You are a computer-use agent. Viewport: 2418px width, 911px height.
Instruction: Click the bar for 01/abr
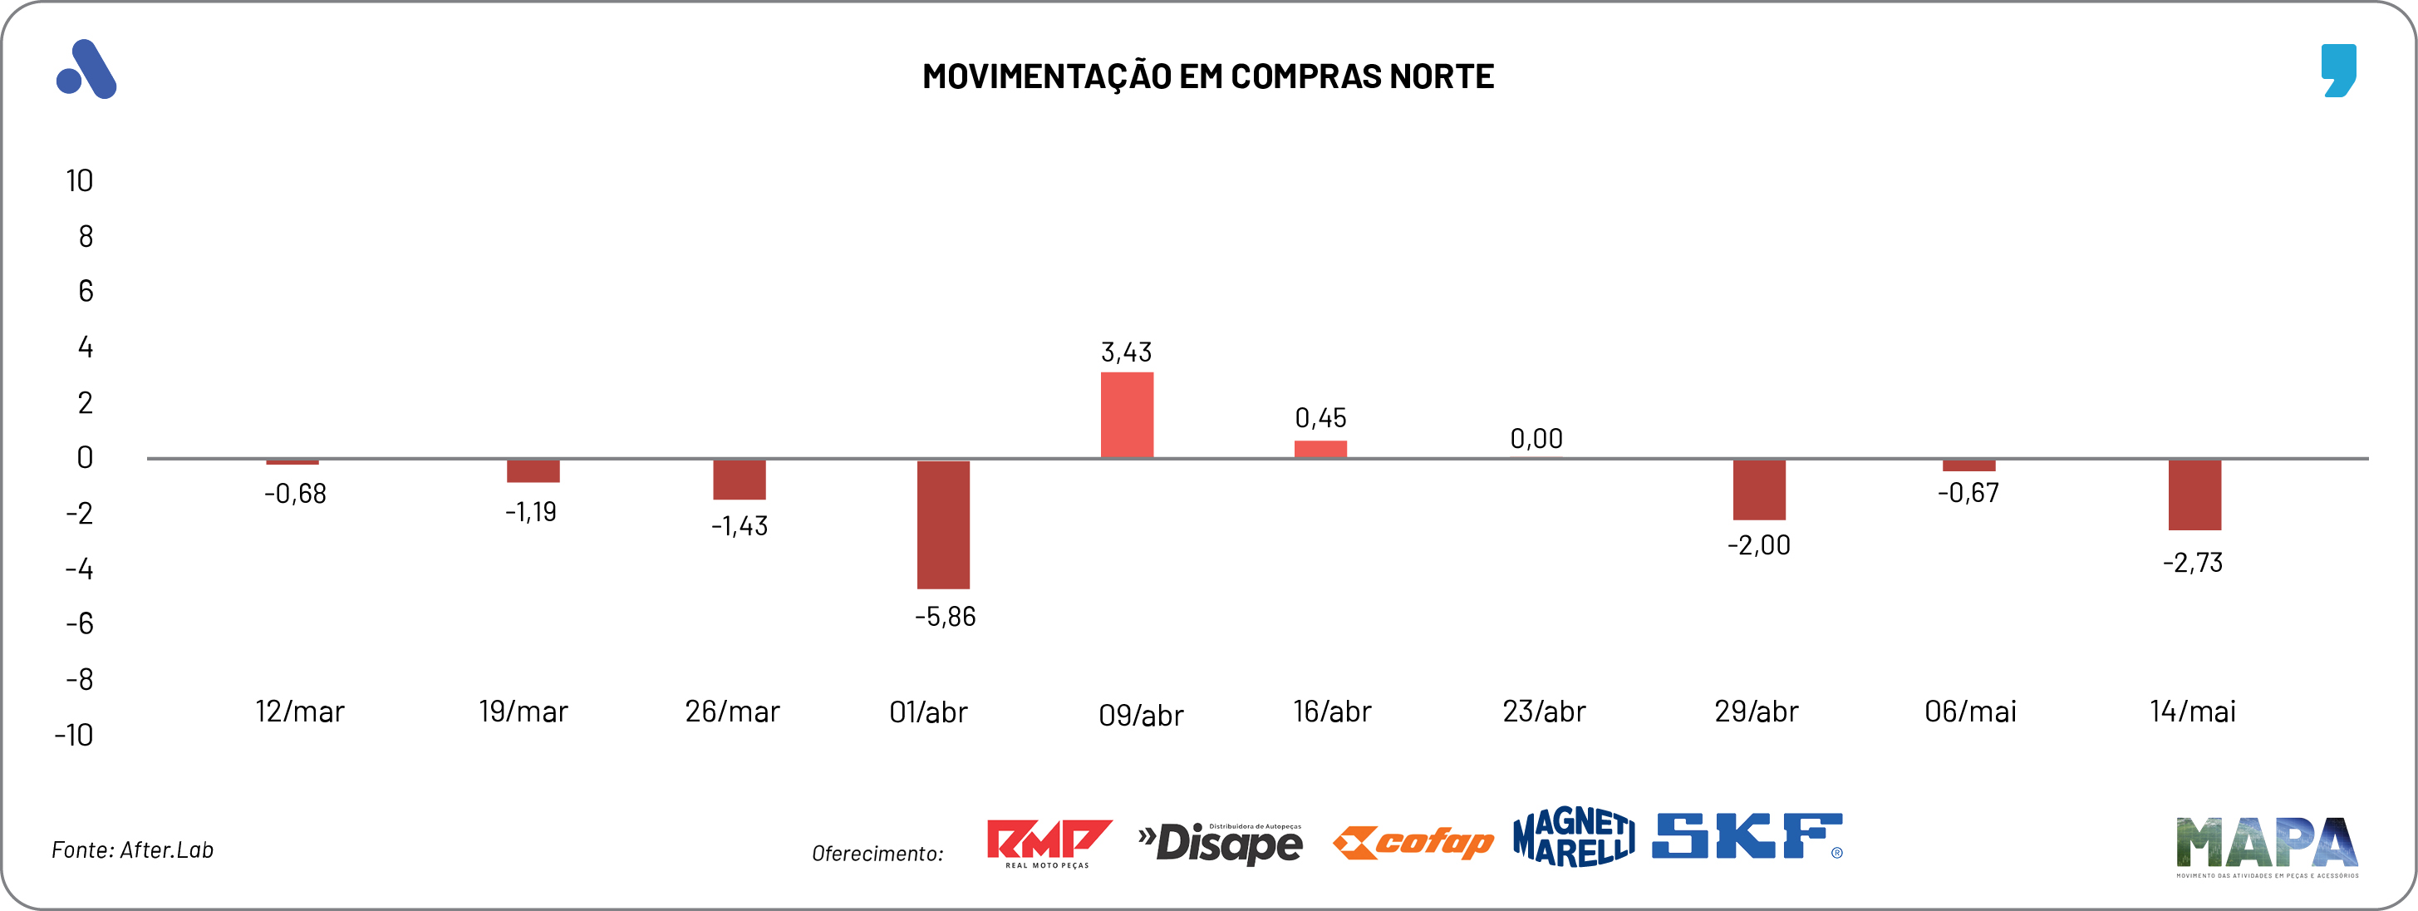pyautogui.click(x=942, y=524)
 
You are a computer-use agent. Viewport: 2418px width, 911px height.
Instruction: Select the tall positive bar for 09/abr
pyautogui.click(x=1127, y=415)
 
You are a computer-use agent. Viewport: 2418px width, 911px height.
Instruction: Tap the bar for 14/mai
pyautogui.click(x=2194, y=495)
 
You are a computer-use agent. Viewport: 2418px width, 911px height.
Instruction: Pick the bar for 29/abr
pyautogui.click(x=1758, y=490)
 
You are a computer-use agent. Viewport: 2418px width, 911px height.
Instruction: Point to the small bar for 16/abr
pyautogui.click(x=1320, y=449)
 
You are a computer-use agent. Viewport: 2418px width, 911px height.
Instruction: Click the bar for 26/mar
pyautogui.click(x=739, y=480)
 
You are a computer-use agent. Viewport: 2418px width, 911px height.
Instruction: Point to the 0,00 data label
pyautogui.click(x=1536, y=439)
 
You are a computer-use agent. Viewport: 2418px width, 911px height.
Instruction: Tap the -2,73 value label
pyautogui.click(x=2192, y=563)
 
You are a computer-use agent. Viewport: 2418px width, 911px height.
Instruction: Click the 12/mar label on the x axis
pyautogui.click(x=299, y=712)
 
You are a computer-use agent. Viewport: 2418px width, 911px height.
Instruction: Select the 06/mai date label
pyautogui.click(x=1969, y=712)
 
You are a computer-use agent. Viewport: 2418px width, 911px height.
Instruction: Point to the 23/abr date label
pyautogui.click(x=1543, y=712)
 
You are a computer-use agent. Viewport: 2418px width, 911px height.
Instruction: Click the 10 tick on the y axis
pyautogui.click(x=80, y=180)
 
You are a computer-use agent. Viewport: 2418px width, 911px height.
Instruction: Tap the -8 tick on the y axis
pyautogui.click(x=80, y=679)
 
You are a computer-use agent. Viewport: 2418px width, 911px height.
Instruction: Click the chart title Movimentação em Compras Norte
pyautogui.click(x=1207, y=76)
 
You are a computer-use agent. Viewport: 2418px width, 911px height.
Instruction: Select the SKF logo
pyautogui.click(x=1746, y=836)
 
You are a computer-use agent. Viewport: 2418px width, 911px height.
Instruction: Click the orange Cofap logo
pyautogui.click(x=1413, y=843)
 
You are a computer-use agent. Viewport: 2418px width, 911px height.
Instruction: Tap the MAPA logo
pyautogui.click(x=2266, y=845)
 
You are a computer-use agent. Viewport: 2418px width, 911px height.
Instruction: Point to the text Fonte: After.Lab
pyautogui.click(x=132, y=850)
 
